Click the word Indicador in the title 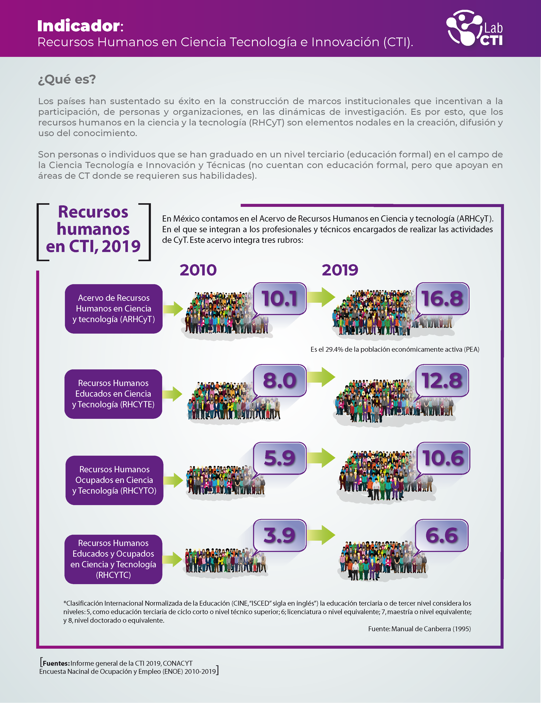[x=79, y=26]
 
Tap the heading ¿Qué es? [x=67, y=79]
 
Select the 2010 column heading [x=198, y=270]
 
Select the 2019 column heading [x=340, y=270]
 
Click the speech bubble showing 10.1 [x=279, y=298]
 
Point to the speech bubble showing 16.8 [x=442, y=298]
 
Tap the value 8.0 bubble [x=279, y=380]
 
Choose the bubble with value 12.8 [x=442, y=380]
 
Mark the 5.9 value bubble [x=279, y=458]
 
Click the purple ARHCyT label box [x=113, y=309]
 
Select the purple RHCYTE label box [x=113, y=394]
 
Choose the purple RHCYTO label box [x=114, y=480]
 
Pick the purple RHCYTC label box [x=113, y=559]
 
